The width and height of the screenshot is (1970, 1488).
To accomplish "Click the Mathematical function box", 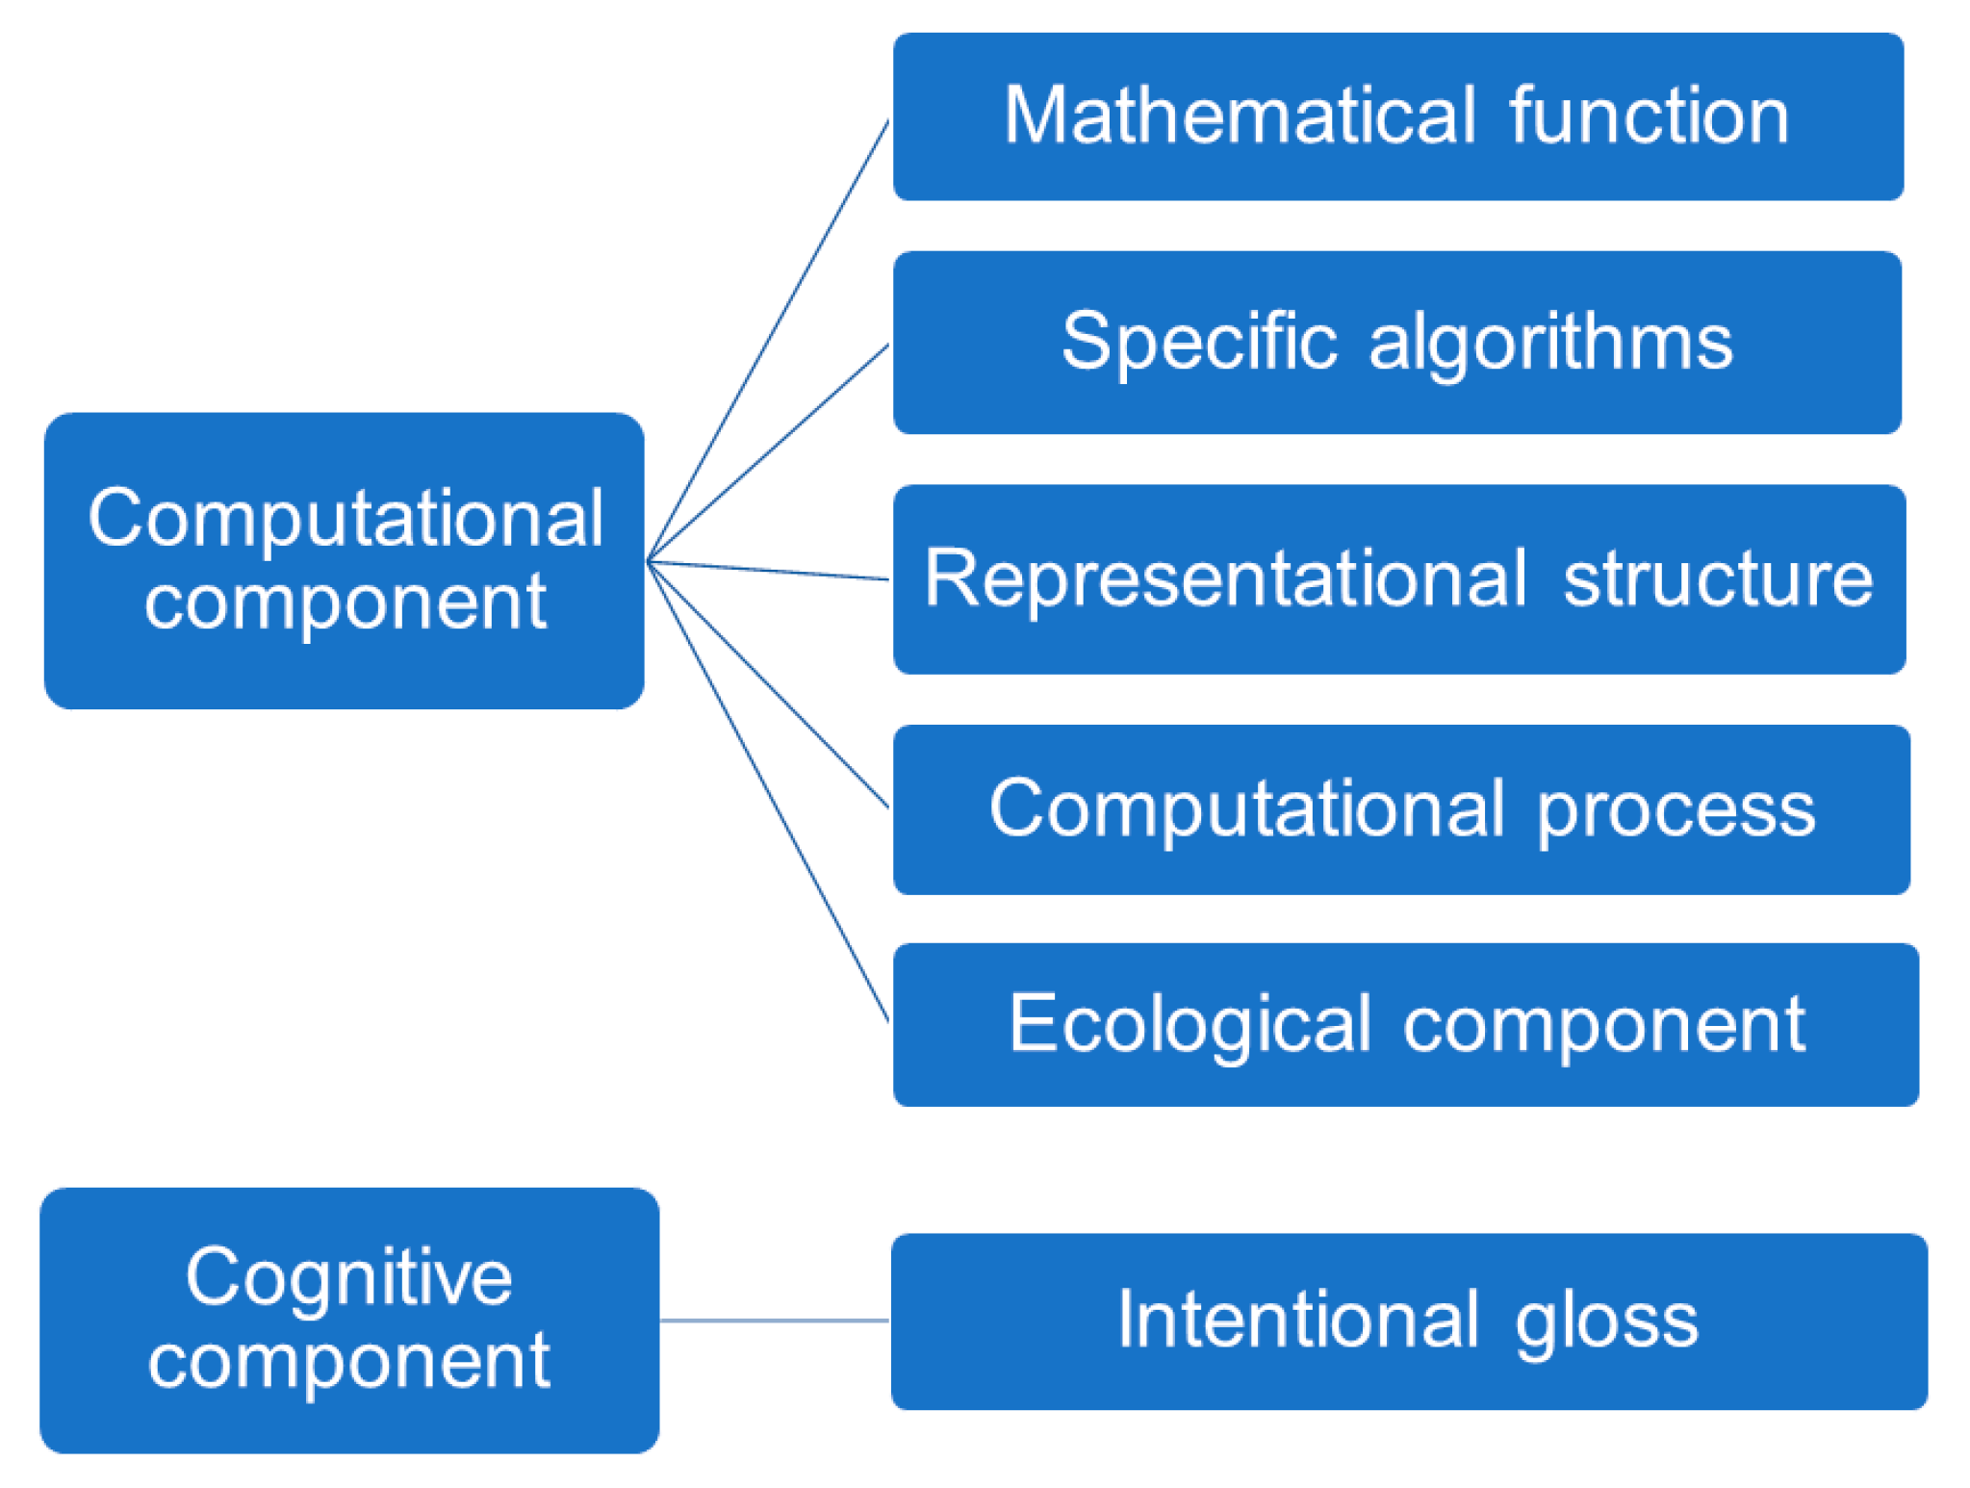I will (x=1397, y=116).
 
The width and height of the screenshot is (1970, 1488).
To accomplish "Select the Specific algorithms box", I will (x=1396, y=342).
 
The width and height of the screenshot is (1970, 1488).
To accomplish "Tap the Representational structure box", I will (x=1398, y=578).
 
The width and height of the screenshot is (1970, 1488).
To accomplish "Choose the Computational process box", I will (x=1401, y=808).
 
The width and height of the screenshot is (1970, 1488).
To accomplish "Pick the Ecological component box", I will (x=1405, y=1024).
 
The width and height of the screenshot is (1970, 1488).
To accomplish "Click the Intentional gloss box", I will (x=1408, y=1321).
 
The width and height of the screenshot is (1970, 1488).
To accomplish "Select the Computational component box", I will (x=344, y=560).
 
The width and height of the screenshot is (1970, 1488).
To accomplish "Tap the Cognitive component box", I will (x=348, y=1320).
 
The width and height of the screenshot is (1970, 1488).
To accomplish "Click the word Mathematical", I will (x=1240, y=116).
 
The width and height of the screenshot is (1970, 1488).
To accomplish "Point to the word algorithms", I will (x=1550, y=344).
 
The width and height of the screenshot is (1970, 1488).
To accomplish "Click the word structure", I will (x=1718, y=579).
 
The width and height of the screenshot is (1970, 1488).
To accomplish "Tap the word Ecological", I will (x=1190, y=1025).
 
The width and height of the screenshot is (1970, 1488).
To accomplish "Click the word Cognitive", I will (x=348, y=1278).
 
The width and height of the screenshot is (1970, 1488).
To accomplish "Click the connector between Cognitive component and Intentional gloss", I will (x=775, y=1321).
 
